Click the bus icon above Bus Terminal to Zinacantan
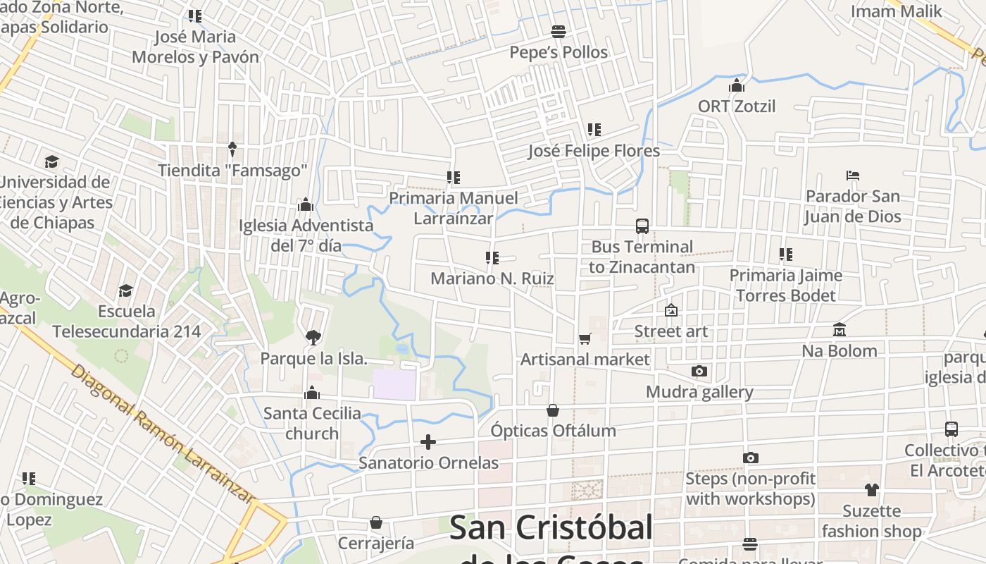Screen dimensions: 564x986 642,226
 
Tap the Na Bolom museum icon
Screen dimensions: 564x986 839,330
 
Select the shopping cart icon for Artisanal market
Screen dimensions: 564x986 585,339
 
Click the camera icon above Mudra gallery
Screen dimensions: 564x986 699,372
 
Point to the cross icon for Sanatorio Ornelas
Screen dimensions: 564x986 428,442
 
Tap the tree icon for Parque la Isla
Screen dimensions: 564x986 313,338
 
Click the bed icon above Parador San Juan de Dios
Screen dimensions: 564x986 852,176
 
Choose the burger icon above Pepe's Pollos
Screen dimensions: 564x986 558,32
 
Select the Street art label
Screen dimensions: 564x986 670,331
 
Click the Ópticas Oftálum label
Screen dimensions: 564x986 553,431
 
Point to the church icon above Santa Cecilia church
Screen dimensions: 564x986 311,393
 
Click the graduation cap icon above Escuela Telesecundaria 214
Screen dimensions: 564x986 126,290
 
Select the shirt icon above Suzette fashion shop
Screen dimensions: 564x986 871,490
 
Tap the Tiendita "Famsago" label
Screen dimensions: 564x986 232,171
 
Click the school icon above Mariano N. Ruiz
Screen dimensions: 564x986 492,258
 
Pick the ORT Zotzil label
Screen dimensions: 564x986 736,106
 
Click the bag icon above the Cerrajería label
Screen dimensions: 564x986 376,522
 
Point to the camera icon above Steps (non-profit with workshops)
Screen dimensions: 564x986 750,458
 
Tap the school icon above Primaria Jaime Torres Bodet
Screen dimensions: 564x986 785,255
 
